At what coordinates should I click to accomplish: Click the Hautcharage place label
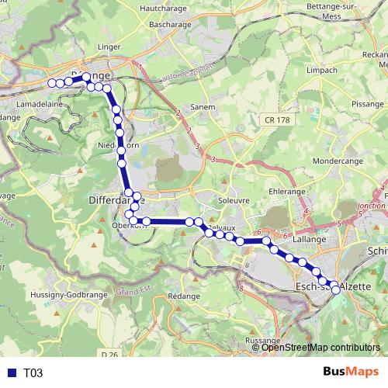pos(165,9)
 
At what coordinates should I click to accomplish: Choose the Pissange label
pos(367,103)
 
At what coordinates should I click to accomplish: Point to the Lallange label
pos(310,240)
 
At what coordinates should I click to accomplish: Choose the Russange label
pos(262,341)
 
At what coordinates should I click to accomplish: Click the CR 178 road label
pos(275,120)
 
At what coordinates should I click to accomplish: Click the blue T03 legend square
pos(9,372)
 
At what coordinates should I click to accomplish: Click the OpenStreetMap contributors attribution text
pos(320,347)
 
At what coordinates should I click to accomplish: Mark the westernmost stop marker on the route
pos(52,82)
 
